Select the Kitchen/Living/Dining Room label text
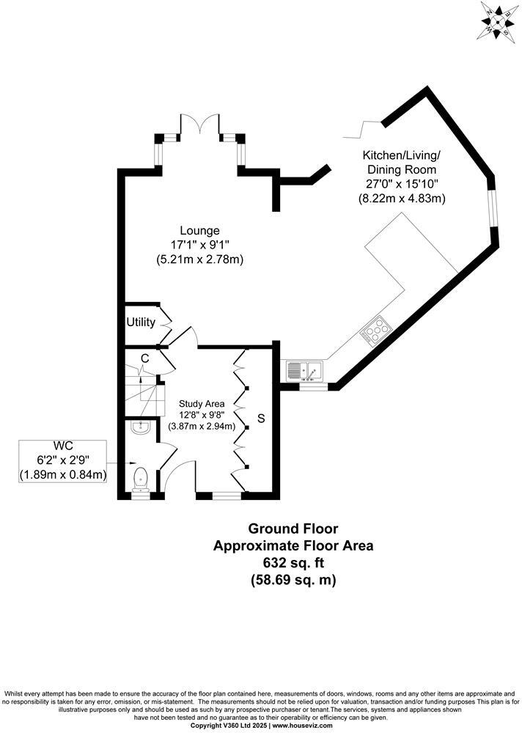(x=402, y=155)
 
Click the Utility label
(x=140, y=323)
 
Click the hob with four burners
(x=376, y=330)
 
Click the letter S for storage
(x=260, y=419)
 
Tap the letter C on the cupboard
(x=144, y=358)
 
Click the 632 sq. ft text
(x=293, y=562)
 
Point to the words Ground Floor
(x=293, y=528)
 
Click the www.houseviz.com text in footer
(x=304, y=726)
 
